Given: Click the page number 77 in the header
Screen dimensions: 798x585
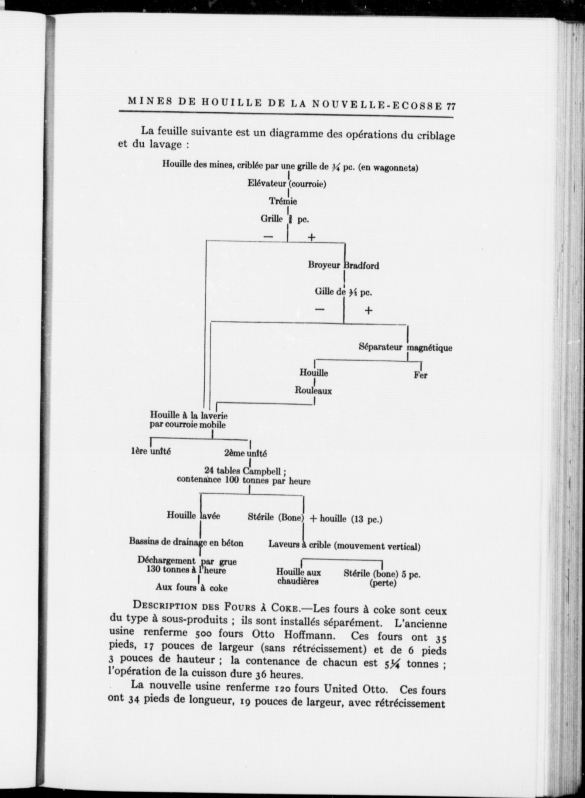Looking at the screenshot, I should (x=451, y=106).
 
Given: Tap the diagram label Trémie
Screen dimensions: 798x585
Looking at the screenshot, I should (x=283, y=201).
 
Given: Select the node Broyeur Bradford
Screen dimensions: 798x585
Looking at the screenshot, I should (x=343, y=265).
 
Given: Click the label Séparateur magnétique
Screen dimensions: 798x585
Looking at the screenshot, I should (x=406, y=347).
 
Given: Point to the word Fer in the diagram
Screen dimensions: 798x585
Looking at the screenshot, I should (x=420, y=375).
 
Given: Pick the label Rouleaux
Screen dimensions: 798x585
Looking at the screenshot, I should (x=313, y=391).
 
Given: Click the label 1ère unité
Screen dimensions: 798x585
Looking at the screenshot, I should (x=151, y=451).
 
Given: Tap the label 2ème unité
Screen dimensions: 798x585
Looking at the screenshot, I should (x=245, y=453).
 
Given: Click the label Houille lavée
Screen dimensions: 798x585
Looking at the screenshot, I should (x=193, y=515).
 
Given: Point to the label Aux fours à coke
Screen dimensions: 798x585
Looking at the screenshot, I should (x=191, y=587).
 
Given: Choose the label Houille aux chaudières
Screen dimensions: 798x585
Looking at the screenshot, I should (x=298, y=577).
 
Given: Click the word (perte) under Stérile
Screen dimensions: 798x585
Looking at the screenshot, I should (x=383, y=584).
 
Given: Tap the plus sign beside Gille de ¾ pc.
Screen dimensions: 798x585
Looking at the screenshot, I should (x=368, y=310).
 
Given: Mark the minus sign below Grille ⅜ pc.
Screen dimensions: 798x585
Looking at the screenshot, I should (x=268, y=236).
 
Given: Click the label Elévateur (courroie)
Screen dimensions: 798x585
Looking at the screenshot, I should (x=287, y=184).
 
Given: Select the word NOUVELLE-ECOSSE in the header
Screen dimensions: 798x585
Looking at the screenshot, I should (x=377, y=105).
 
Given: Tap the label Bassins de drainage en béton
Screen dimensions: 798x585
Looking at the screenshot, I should (x=186, y=542).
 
